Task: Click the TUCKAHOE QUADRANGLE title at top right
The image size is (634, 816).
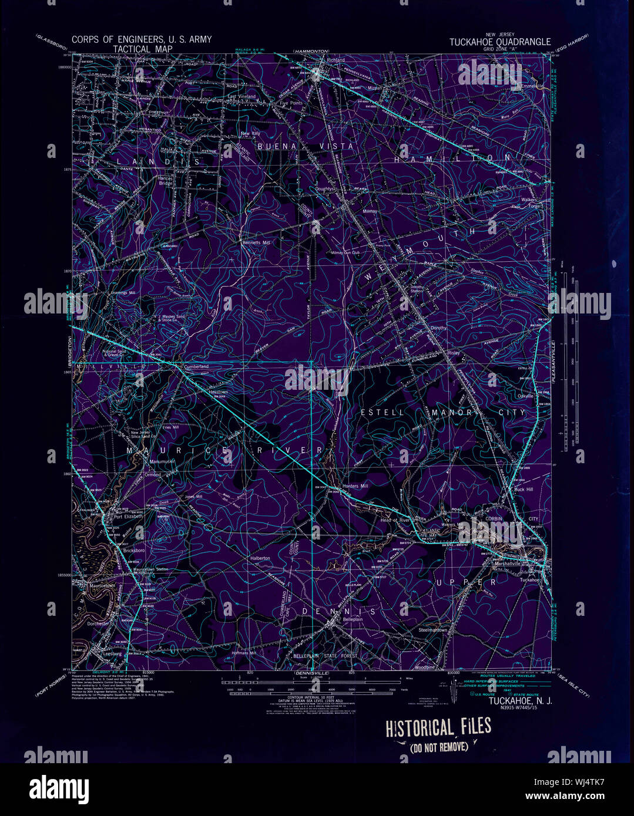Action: point(500,42)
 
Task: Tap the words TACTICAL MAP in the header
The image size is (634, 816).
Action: point(143,49)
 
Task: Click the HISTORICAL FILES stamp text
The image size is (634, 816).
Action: point(438,727)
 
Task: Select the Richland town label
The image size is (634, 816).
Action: point(336,60)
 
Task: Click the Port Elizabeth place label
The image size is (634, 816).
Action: point(128,517)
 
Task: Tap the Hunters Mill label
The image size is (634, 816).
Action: point(356,486)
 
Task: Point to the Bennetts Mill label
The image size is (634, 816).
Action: point(256,242)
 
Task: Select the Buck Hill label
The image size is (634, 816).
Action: point(523,489)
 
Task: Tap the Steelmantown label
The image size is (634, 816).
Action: point(432,630)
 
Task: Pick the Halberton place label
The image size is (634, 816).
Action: point(260,558)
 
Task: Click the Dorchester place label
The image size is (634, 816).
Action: point(96,624)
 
